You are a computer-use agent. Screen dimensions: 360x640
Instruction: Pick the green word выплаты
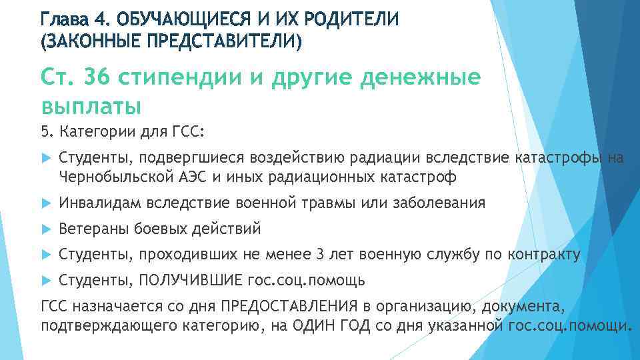pos(91,105)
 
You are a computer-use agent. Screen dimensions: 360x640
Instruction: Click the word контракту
pos(543,254)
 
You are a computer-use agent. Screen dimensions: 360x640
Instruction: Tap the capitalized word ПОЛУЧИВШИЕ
pos(187,279)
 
